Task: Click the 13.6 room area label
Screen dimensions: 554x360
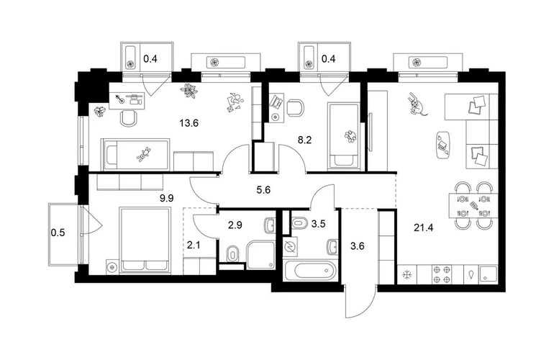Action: (189, 123)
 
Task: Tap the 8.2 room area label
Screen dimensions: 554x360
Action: (304, 140)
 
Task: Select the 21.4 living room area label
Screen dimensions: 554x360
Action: (423, 228)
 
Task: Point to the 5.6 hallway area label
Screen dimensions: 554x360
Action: (263, 190)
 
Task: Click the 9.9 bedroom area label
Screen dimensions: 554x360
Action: (167, 198)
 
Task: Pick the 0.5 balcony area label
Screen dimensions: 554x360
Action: (58, 233)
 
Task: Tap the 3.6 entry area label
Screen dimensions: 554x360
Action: (357, 246)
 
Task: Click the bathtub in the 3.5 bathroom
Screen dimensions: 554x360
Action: (312, 271)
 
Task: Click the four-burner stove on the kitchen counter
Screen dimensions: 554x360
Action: (442, 274)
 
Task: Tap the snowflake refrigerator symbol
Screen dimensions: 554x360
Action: (407, 275)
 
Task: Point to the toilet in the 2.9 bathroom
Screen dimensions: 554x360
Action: (232, 253)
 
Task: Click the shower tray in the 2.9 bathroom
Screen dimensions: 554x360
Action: (260, 255)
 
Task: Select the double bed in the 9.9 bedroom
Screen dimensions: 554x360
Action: (145, 240)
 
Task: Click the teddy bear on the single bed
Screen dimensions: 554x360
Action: (143, 155)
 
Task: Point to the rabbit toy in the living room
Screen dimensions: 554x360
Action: (416, 104)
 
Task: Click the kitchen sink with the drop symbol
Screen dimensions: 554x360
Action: (473, 275)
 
